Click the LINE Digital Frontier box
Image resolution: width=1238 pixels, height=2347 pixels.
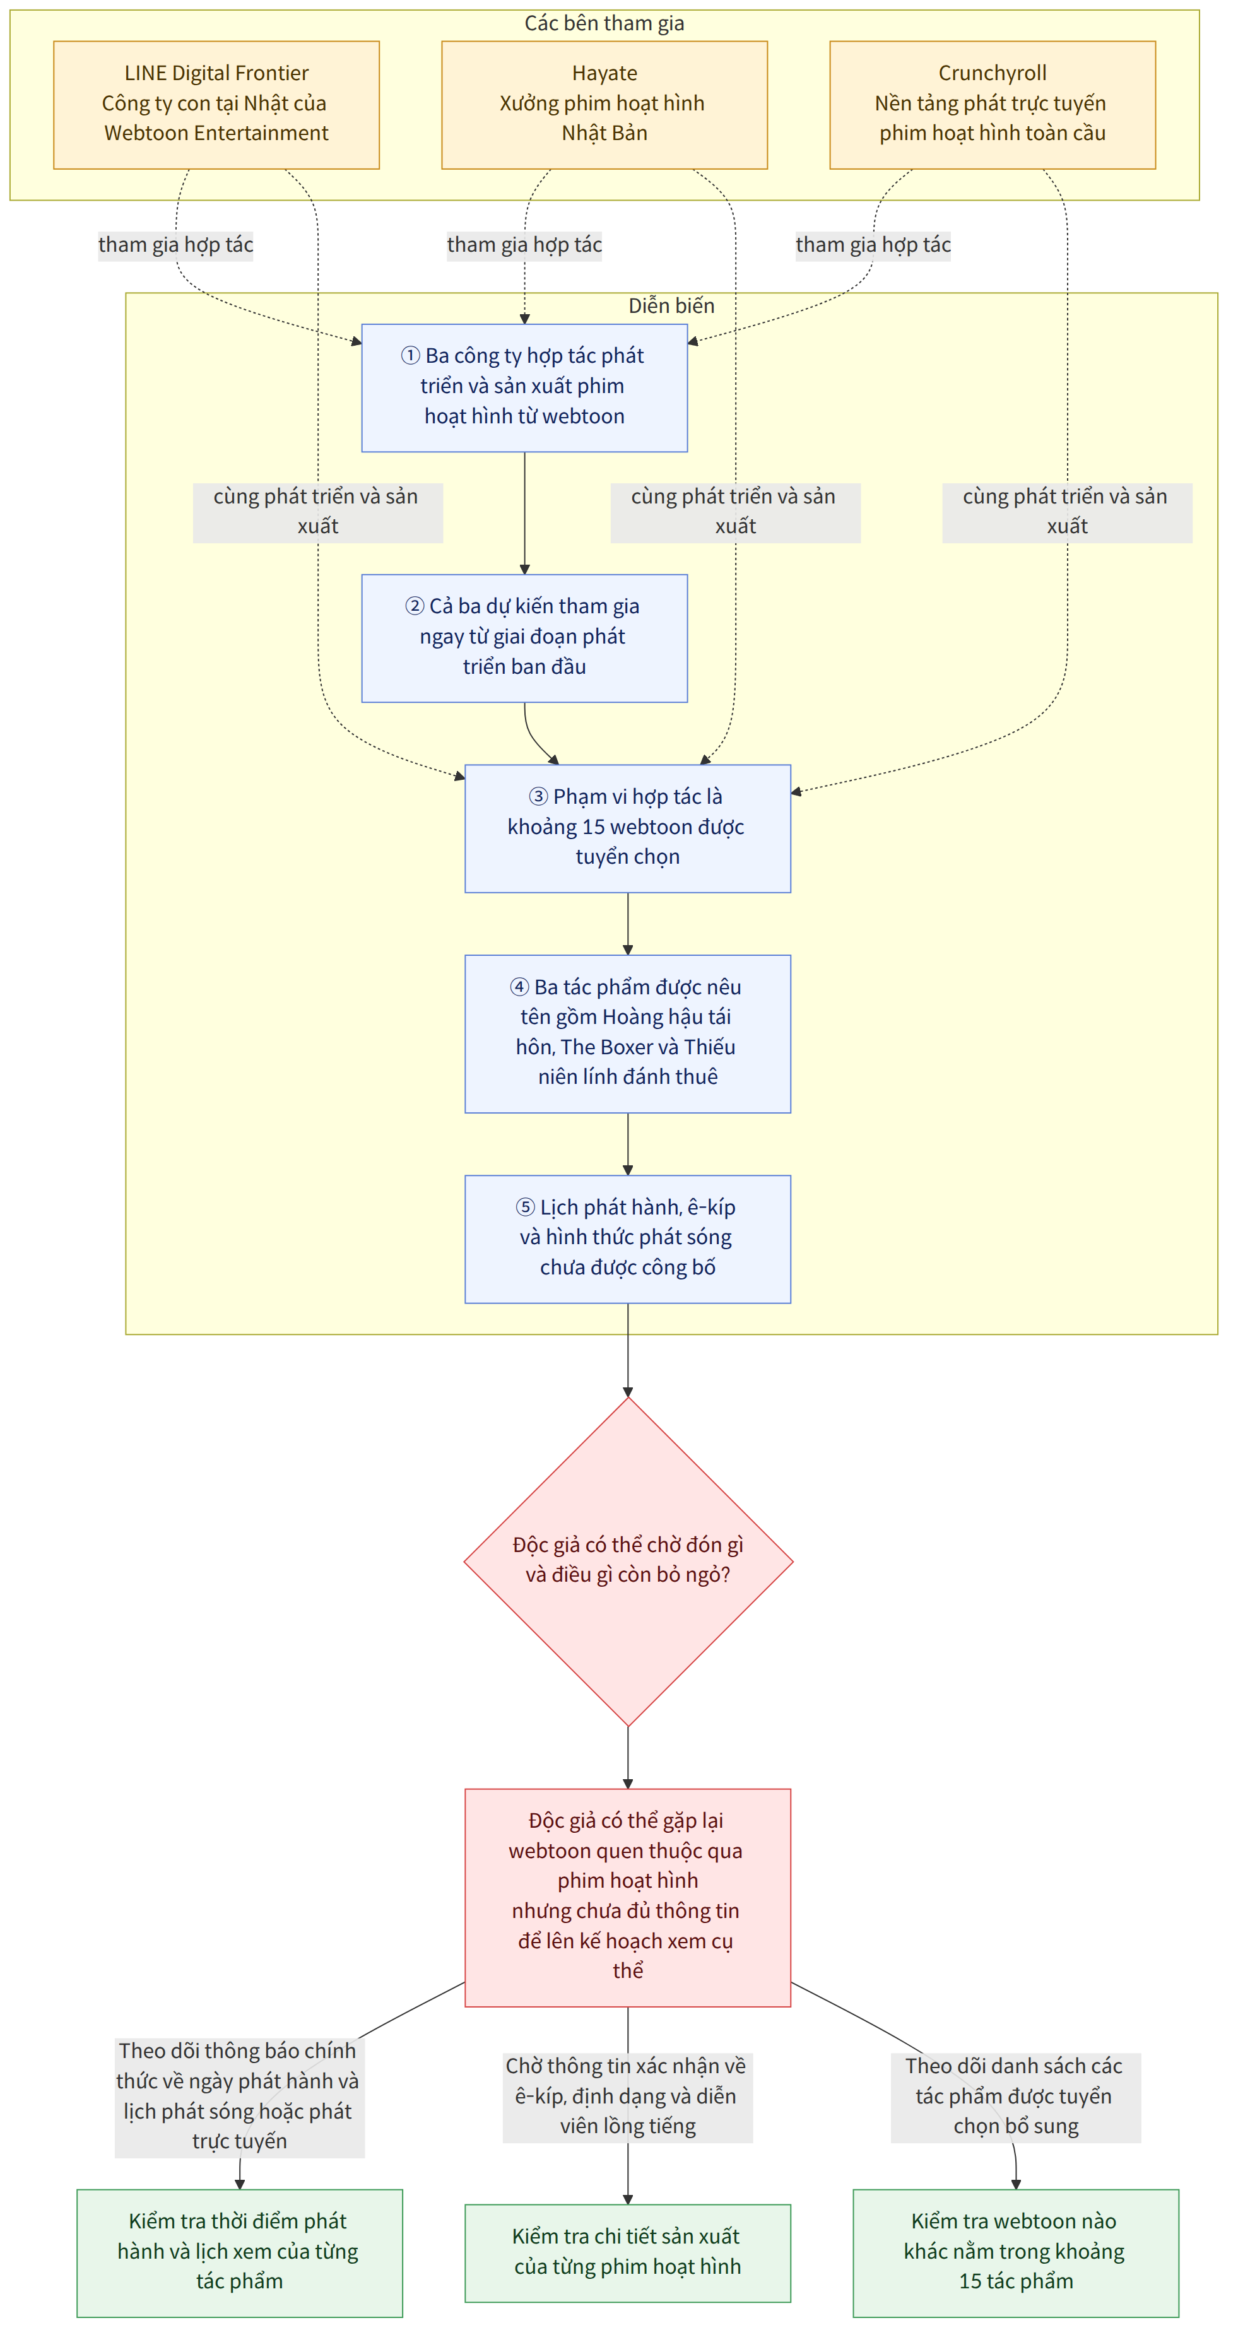tap(216, 105)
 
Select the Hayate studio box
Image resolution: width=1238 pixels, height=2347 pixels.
tap(604, 105)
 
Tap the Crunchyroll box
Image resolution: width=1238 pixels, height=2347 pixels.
tap(992, 105)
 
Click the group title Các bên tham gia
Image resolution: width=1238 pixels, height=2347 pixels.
tap(604, 23)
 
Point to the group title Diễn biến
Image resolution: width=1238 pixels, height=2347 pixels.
tap(671, 305)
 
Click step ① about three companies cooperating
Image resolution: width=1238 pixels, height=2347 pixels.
tap(524, 387)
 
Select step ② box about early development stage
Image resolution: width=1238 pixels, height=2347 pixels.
tap(524, 638)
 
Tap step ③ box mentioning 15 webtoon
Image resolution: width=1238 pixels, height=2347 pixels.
tap(628, 828)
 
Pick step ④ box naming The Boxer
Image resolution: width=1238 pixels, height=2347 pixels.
tap(628, 1033)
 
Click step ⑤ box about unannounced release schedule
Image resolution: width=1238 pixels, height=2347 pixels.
tap(628, 1238)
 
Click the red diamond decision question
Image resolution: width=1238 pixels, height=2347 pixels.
tap(628, 1562)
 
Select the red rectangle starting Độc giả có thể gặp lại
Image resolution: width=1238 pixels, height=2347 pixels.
tap(628, 1897)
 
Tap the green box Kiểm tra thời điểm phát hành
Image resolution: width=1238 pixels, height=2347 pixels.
tap(240, 2252)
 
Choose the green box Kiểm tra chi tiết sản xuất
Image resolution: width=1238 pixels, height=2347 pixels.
tap(628, 2252)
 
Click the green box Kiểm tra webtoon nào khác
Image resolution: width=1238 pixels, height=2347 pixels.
tap(1016, 2252)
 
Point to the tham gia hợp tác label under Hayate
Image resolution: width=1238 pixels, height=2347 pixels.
tap(524, 245)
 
